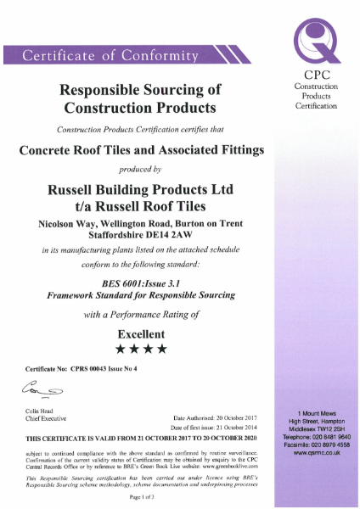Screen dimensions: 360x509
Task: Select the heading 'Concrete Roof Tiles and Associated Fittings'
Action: pyautogui.click(x=142, y=149)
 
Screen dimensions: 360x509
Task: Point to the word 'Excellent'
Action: pyautogui.click(x=142, y=333)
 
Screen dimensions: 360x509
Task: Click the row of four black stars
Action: pyautogui.click(x=142, y=349)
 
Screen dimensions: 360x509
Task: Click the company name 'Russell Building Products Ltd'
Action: pyautogui.click(x=142, y=187)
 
